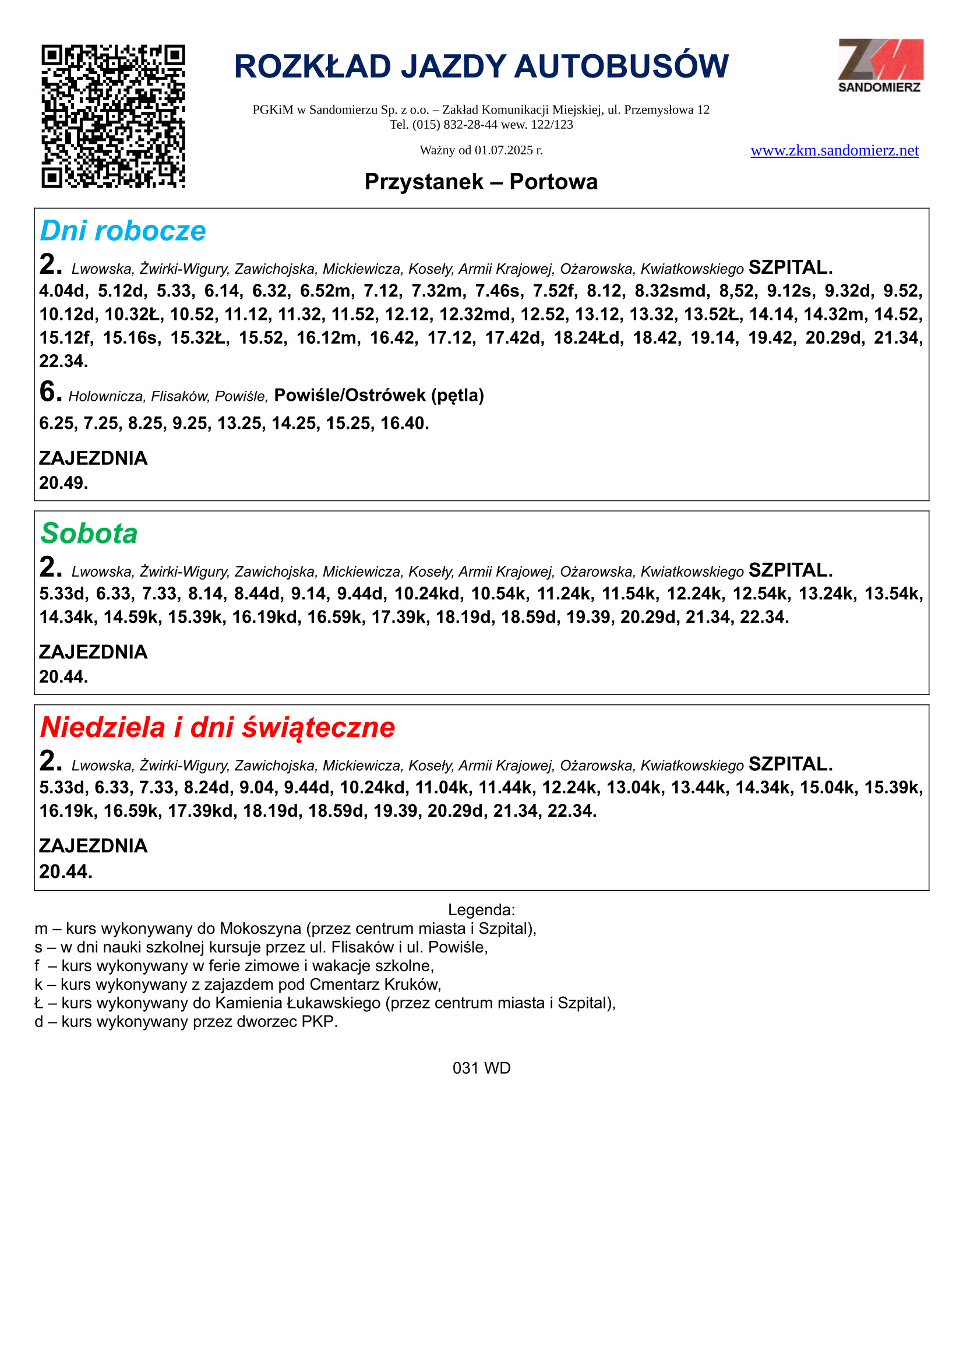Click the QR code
(x=113, y=117)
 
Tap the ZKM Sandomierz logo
(x=880, y=65)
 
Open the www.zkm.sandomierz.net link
(x=834, y=151)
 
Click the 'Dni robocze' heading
(x=123, y=231)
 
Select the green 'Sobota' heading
(x=89, y=533)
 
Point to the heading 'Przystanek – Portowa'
(x=481, y=182)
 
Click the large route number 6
(x=50, y=391)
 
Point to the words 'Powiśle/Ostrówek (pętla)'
(x=379, y=395)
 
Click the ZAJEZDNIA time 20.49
(x=63, y=483)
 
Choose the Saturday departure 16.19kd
(x=264, y=617)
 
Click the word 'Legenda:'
(x=481, y=909)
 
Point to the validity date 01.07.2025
(x=503, y=150)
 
